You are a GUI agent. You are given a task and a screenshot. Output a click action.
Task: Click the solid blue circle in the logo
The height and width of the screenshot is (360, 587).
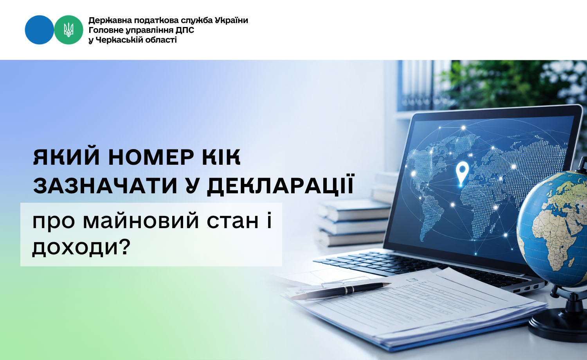[x=39, y=30]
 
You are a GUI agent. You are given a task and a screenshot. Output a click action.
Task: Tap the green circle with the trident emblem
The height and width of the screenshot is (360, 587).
[x=68, y=30]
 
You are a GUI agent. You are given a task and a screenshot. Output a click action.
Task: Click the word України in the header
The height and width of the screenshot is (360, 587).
[x=231, y=20]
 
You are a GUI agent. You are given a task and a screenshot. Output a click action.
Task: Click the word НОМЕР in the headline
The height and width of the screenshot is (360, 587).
[x=151, y=157]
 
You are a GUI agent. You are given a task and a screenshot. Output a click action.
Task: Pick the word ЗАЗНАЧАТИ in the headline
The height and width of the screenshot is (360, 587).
[x=105, y=186]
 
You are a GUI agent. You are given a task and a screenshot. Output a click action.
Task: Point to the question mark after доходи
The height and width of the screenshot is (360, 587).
[x=124, y=246]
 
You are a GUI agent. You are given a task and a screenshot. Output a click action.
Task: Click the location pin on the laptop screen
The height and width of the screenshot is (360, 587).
[x=462, y=173]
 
